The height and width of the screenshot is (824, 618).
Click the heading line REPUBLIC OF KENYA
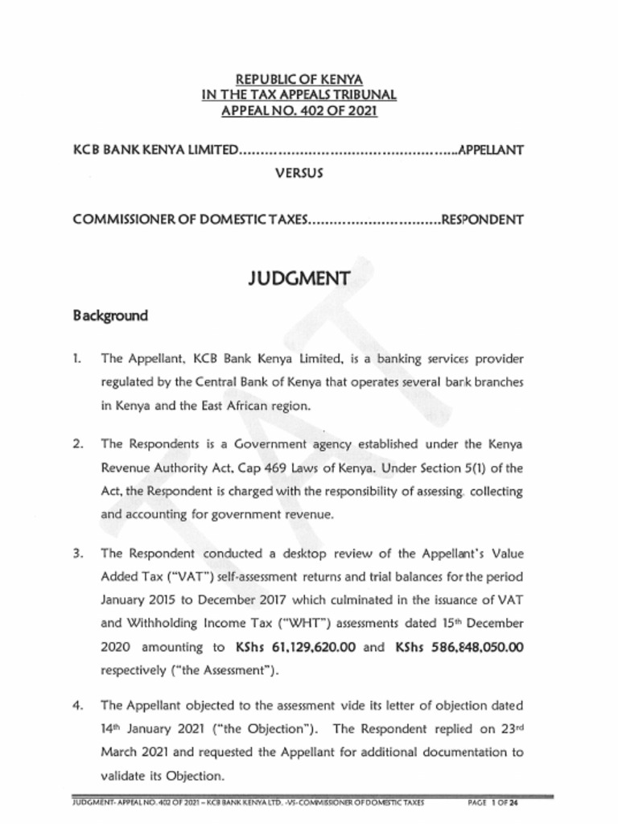pos(299,80)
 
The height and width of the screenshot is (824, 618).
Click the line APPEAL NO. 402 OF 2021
pos(299,109)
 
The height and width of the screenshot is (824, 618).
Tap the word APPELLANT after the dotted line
pos(491,150)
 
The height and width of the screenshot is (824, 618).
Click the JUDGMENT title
pos(299,278)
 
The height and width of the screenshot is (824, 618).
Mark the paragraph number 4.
pos(77,705)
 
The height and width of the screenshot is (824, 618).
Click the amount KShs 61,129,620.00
pos(295,646)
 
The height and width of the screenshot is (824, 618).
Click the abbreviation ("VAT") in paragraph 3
pos(185,576)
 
